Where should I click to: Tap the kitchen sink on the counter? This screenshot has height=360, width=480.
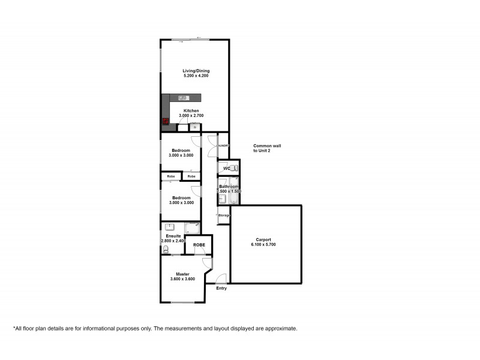[183, 98]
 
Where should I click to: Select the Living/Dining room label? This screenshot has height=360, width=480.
[196, 71]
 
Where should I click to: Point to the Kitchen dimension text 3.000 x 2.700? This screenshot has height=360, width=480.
[191, 116]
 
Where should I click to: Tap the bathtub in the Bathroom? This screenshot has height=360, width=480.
[235, 192]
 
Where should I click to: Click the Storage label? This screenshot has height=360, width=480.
[224, 215]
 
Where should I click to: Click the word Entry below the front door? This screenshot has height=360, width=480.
[222, 289]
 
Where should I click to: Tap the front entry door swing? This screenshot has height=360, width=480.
[221, 278]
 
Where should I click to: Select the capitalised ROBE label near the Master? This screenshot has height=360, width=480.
[199, 245]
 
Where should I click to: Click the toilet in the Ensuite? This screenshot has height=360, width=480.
[166, 248]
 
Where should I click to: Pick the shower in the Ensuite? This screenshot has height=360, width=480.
[193, 227]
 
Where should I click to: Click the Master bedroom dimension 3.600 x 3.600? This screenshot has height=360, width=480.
[182, 279]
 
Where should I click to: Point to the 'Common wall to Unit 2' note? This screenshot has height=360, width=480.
[267, 148]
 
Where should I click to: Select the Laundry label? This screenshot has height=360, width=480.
[223, 146]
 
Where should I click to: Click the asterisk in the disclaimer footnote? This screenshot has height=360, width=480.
[14, 328]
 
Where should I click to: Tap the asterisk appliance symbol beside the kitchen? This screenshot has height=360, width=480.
[194, 127]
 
